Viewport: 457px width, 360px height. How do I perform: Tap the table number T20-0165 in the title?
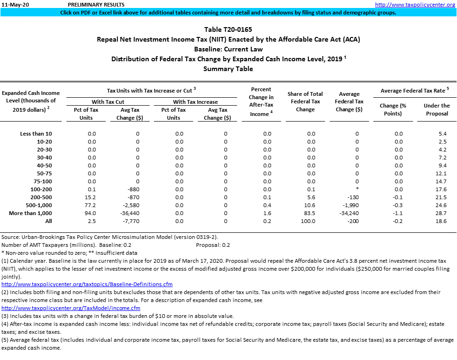[x=228, y=29]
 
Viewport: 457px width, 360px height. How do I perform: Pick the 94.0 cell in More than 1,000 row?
[x=92, y=213]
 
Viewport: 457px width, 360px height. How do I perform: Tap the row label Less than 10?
[x=36, y=134]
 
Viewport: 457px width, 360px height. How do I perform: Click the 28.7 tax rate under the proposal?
[x=442, y=213]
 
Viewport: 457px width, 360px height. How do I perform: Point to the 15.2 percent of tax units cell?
[x=92, y=197]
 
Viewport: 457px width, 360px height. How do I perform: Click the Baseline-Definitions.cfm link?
[x=87, y=284]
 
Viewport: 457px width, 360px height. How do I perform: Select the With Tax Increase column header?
[x=195, y=101]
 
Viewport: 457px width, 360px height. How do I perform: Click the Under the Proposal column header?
[x=436, y=109]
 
